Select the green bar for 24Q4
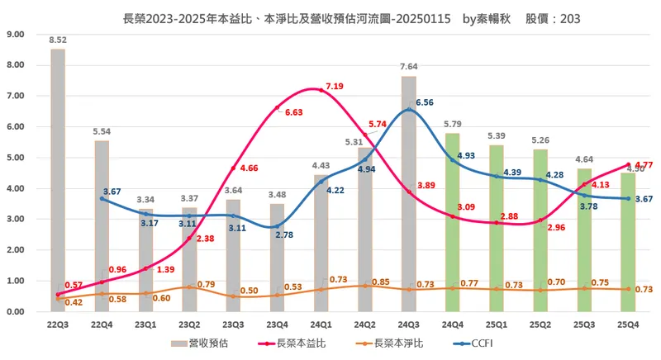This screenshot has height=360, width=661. click(x=451, y=223)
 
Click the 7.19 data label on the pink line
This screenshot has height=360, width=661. click(x=335, y=86)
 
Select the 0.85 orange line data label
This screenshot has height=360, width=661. click(x=381, y=282)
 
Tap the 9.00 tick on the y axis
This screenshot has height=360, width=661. click(x=15, y=34)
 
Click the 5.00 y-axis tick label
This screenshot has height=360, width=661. click(x=15, y=158)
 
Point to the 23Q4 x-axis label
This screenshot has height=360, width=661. click(x=277, y=324)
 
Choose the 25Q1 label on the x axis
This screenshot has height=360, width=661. click(x=495, y=324)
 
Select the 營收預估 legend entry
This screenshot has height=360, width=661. click(x=206, y=343)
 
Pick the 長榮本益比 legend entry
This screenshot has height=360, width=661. click(x=296, y=343)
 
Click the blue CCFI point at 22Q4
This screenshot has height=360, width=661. click(x=102, y=198)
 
